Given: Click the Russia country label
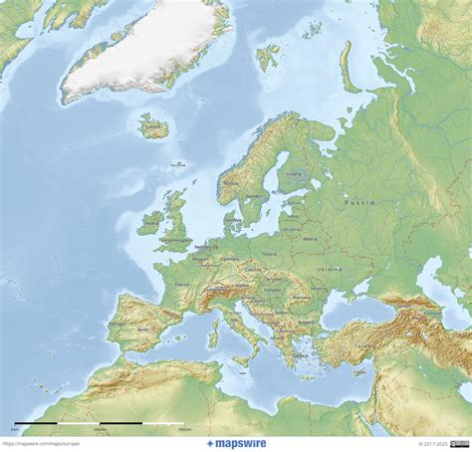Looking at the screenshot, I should [359, 202].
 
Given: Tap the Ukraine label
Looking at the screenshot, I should [329, 269].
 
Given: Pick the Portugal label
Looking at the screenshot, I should [118, 324].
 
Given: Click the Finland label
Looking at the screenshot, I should [292, 174].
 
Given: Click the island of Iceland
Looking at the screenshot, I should [153, 126].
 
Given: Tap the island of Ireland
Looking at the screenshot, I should [150, 223].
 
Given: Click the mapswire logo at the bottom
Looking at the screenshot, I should [236, 444].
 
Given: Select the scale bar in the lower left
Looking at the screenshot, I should [100, 425].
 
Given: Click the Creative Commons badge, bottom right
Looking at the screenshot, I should [460, 444].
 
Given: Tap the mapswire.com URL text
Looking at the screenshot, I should [40, 444].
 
